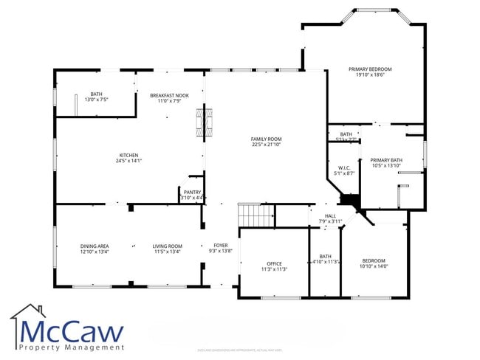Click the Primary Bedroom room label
click(x=370, y=69)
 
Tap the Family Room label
click(x=266, y=139)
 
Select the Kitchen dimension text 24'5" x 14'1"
click(x=128, y=160)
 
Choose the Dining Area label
click(x=95, y=246)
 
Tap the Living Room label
click(x=167, y=246)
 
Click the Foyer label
click(x=221, y=246)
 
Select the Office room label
click(x=274, y=263)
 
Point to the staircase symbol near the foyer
click(x=256, y=216)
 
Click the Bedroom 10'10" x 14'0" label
click(x=374, y=260)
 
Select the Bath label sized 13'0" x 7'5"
click(x=97, y=94)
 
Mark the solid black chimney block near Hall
click(x=348, y=200)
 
